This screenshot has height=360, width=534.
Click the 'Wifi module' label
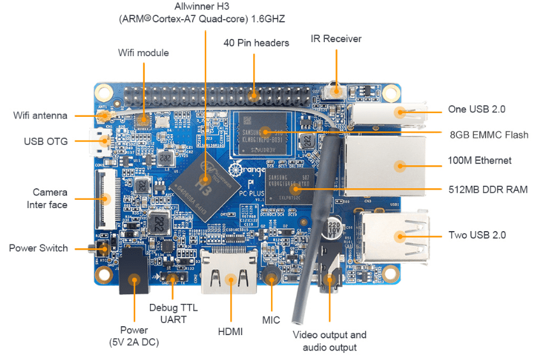coord(144,52)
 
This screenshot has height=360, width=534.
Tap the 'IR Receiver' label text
coord(336,39)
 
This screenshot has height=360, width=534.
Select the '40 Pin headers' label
coord(256,43)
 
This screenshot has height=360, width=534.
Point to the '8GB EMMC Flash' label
coord(489,134)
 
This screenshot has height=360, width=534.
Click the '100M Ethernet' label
coord(480,160)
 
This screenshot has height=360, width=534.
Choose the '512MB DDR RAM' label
coord(488,190)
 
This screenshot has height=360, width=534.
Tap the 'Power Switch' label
coord(38,248)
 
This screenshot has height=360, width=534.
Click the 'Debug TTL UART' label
coord(173,313)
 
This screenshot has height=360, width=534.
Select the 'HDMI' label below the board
coord(230,333)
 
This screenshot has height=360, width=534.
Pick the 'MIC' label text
coord(271,320)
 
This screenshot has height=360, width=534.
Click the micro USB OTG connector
coord(101,144)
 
